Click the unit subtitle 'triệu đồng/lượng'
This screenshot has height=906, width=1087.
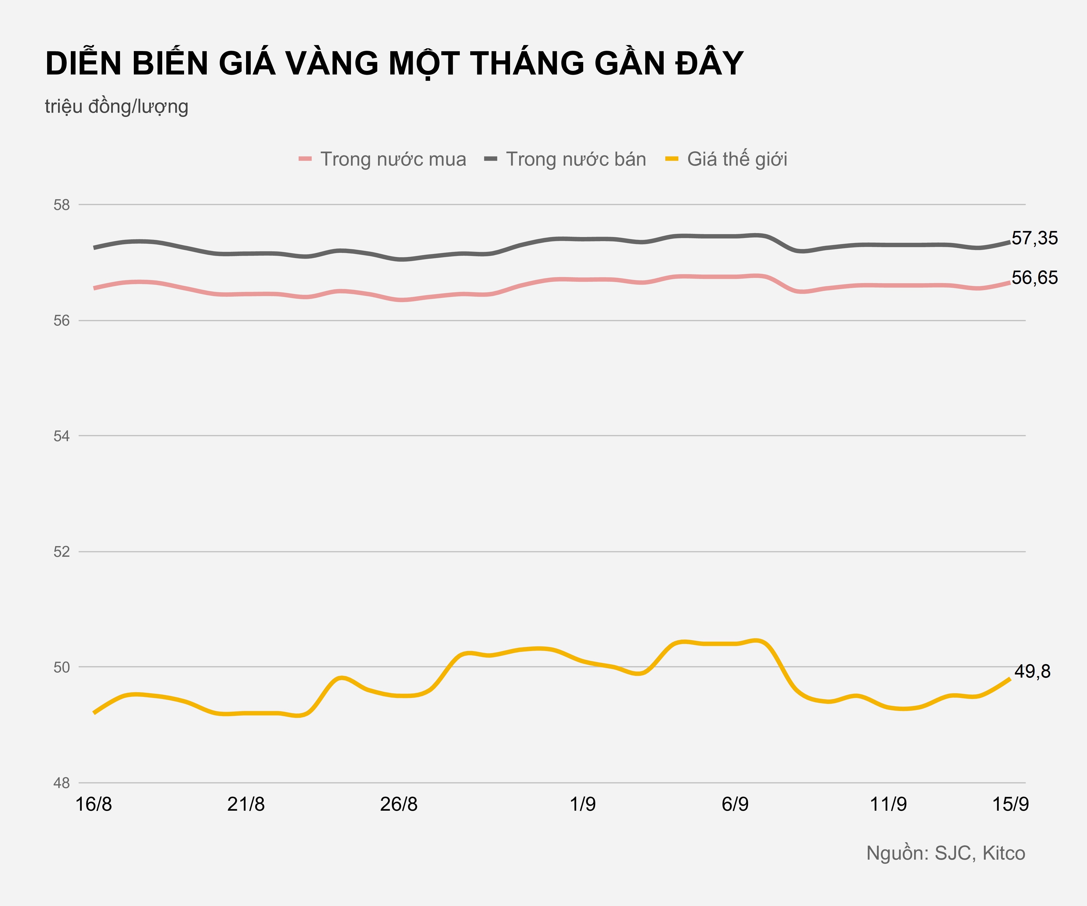pos(116,107)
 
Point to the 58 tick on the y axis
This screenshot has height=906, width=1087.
pos(62,205)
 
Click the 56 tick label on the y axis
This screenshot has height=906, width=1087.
pos(62,321)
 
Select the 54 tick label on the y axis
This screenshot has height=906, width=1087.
pos(62,436)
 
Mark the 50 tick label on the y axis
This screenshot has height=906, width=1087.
pos(62,667)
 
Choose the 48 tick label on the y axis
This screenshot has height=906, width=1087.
pos(62,783)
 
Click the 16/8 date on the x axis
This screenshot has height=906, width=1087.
pos(94,804)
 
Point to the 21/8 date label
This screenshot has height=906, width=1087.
pos(246,804)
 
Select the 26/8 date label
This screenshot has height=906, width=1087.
pos(399,804)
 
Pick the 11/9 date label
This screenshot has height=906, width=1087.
pos(888,804)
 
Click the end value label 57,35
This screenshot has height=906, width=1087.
pos(1034,238)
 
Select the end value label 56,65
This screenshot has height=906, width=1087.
pos(1034,278)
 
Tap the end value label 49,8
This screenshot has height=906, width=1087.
pos(1032,671)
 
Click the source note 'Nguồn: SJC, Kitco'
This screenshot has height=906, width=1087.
pos(945,853)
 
